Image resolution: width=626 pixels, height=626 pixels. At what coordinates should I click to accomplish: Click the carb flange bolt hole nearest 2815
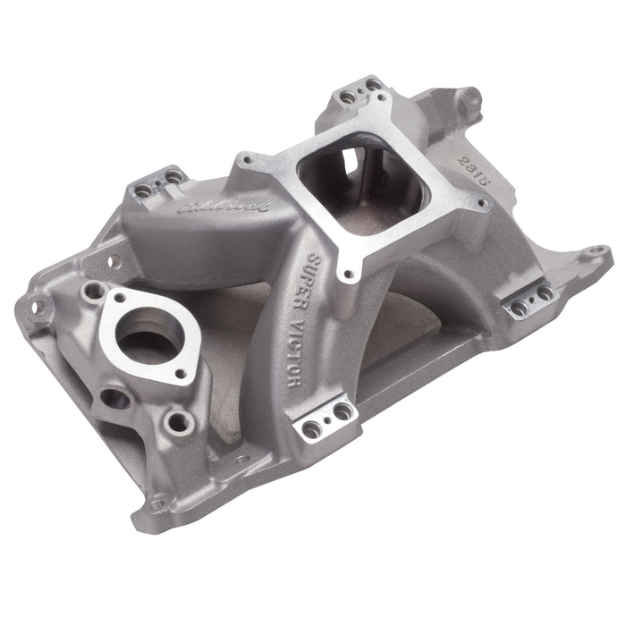pyautogui.click(x=483, y=205)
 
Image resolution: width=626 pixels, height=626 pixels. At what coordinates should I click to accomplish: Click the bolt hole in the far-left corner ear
pyautogui.click(x=38, y=307)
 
